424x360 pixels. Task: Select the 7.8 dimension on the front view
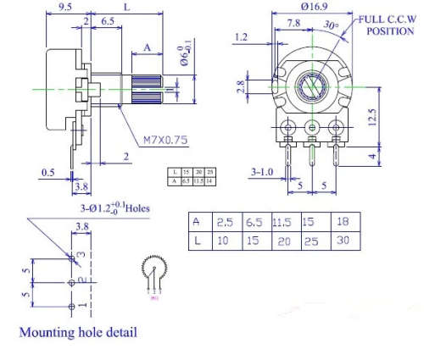(x=293, y=25)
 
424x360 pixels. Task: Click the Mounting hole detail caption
(x=77, y=332)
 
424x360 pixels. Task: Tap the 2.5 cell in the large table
(x=225, y=222)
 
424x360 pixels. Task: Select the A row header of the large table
(x=197, y=222)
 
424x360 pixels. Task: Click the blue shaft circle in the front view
(x=313, y=86)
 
